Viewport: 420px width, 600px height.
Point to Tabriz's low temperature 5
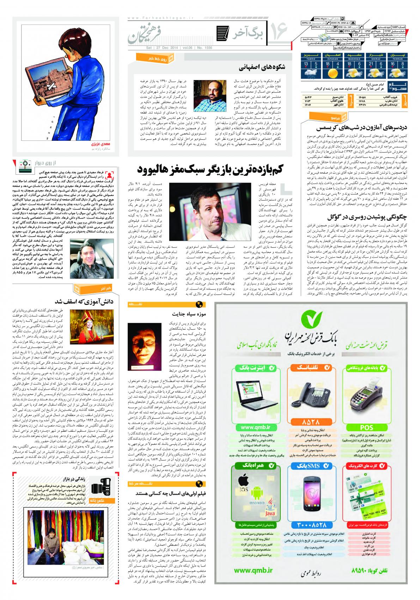[x=316, y=64]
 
